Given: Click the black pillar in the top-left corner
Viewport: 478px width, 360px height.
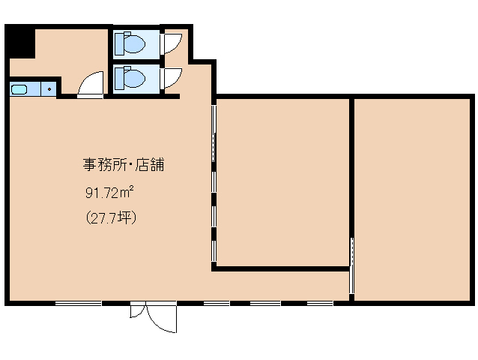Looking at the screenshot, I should [x=20, y=42].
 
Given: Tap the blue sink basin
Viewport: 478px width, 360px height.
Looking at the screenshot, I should [x=19, y=90].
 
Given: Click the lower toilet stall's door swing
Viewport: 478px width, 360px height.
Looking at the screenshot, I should [x=172, y=76].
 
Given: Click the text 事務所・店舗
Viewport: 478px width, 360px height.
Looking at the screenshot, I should [x=122, y=164].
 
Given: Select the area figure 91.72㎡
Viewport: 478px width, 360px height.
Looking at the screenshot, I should [x=109, y=193].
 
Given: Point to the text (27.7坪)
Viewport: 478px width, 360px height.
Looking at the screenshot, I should [x=110, y=218].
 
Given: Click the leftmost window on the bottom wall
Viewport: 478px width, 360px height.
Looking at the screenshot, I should [x=78, y=303].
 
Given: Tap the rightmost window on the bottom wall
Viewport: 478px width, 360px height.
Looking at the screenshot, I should [x=320, y=303].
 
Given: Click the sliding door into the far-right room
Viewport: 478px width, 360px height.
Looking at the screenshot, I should [x=352, y=266].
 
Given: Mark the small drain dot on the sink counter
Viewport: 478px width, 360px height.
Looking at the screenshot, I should [x=50, y=90].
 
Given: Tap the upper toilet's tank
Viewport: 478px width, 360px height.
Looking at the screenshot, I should [x=121, y=43].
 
